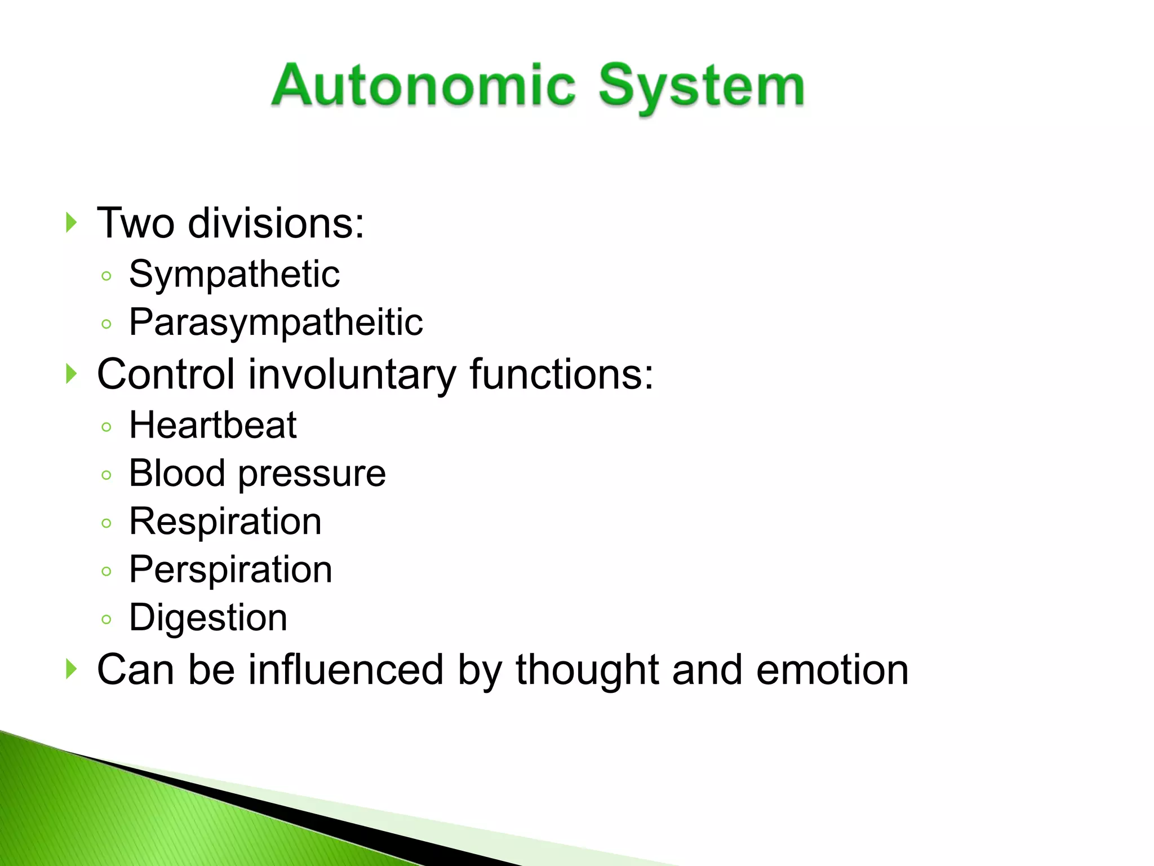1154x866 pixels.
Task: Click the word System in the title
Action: (701, 87)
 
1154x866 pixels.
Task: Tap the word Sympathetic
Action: (234, 275)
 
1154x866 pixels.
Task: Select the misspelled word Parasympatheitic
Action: (276, 322)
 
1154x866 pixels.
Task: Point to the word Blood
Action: (177, 473)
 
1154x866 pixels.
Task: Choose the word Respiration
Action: (225, 522)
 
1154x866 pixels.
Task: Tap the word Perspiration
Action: (230, 570)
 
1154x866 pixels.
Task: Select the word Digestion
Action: (208, 618)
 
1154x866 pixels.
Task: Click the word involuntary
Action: (352, 374)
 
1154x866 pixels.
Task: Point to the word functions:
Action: (561, 374)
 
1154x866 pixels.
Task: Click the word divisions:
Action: (276, 223)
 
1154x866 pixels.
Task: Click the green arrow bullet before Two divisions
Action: (71, 223)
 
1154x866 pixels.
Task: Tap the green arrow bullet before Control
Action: (71, 373)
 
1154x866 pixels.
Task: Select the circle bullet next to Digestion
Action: (106, 620)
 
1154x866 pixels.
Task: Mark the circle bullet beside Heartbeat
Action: (106, 427)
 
